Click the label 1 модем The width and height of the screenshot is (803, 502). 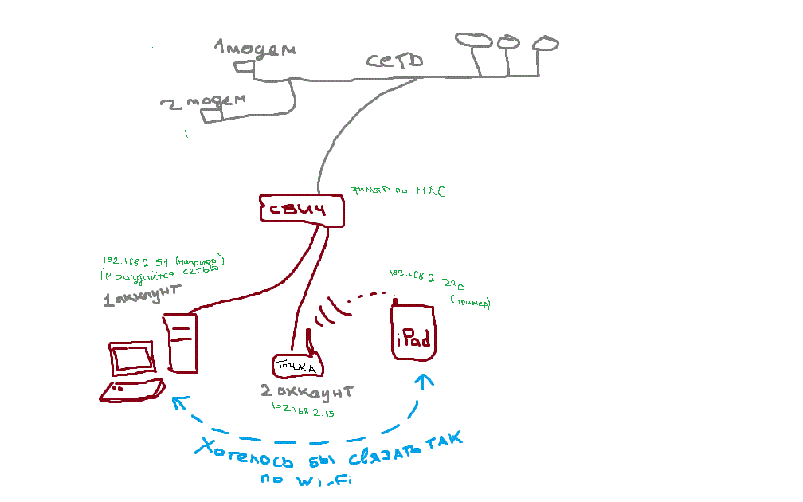[255, 49]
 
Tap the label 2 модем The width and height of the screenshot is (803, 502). [202, 102]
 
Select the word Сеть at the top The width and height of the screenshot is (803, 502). [394, 61]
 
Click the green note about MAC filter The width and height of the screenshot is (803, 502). [398, 192]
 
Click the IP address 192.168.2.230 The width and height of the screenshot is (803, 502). [427, 279]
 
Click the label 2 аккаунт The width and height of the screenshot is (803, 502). [307, 391]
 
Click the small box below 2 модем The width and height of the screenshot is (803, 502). [211, 116]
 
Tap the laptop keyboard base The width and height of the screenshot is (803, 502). [134, 390]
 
